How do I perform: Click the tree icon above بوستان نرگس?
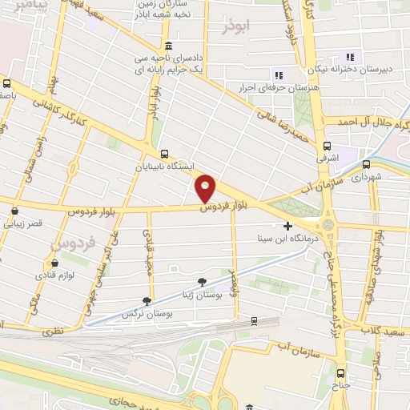(x=146, y=301)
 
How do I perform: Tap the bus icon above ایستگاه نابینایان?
(x=164, y=154)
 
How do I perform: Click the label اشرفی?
(x=328, y=159)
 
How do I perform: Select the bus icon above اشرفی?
(x=327, y=146)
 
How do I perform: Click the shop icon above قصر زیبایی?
(x=14, y=212)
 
